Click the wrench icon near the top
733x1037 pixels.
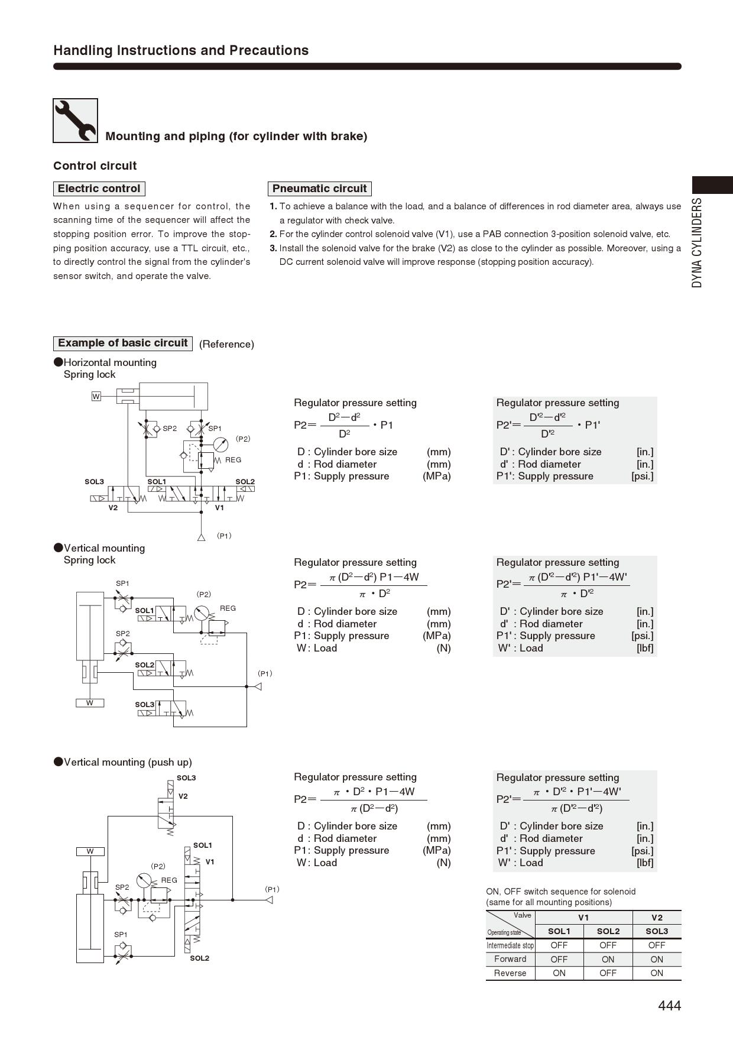point(75,121)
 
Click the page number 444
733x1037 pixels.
point(669,1006)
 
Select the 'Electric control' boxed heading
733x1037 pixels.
point(99,189)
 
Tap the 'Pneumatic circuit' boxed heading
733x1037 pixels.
point(319,189)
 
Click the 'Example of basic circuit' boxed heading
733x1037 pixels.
point(122,343)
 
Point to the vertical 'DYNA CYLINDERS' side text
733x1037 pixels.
point(698,243)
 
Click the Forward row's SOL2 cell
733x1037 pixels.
point(608,960)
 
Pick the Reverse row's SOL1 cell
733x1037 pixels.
point(559,973)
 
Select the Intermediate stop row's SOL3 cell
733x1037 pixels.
point(657,945)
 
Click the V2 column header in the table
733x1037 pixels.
point(657,918)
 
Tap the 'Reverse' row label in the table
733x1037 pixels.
point(510,973)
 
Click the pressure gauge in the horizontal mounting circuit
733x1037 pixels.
point(220,445)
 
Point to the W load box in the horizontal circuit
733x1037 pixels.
point(96,396)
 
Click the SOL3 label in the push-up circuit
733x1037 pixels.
point(186,778)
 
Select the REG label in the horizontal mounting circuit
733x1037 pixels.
point(233,460)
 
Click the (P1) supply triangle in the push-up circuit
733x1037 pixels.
point(268,900)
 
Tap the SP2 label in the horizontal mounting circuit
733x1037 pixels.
point(170,429)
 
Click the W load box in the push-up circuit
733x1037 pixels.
point(90,851)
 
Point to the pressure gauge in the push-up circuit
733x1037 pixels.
point(144,881)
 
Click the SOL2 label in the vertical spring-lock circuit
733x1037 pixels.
point(144,665)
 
